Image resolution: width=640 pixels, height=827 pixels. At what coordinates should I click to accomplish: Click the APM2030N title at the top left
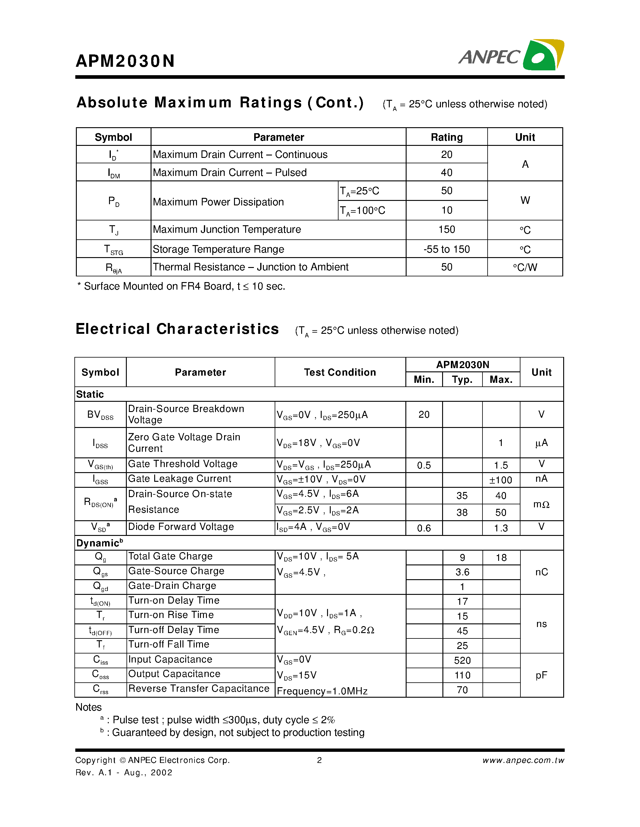[125, 61]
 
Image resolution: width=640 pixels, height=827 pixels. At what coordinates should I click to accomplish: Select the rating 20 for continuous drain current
[446, 155]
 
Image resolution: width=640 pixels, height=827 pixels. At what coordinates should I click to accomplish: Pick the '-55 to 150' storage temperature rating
[446, 249]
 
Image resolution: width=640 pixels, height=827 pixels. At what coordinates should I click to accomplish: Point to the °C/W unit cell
[525, 267]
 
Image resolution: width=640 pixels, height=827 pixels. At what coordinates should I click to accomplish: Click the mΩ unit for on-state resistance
[541, 504]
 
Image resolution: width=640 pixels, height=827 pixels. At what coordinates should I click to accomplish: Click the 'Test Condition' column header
[340, 373]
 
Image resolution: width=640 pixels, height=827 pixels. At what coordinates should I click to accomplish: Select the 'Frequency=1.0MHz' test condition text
[322, 691]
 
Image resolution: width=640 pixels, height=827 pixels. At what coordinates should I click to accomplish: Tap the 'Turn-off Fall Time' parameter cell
[169, 644]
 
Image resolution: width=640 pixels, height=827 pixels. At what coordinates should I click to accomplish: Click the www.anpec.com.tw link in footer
[523, 760]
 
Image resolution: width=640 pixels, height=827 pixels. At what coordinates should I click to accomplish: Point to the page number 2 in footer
[319, 760]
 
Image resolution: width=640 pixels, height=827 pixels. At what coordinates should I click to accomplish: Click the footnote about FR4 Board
[181, 286]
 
